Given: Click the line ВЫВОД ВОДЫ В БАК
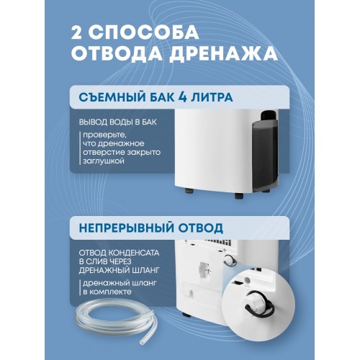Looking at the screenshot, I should [x=117, y=123].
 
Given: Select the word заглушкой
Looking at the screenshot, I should [x=103, y=163].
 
